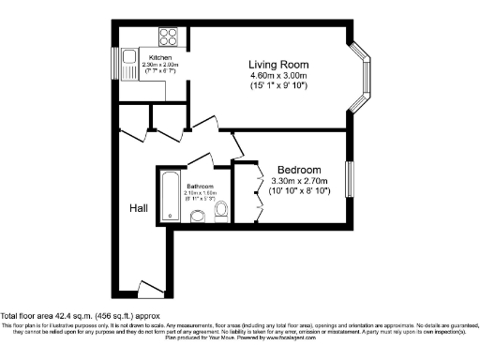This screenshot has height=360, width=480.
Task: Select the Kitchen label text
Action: (x=161, y=57)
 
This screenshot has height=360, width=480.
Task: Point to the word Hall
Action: (x=139, y=206)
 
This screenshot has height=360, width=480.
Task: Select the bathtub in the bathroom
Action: (x=170, y=196)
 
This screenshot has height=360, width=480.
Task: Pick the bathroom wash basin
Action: (x=198, y=217)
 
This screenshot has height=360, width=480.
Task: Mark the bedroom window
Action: (x=347, y=180)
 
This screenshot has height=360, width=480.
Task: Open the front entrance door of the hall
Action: (x=149, y=287)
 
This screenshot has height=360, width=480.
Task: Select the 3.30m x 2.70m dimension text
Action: (x=293, y=181)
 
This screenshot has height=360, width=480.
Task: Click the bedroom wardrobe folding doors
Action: (x=259, y=192)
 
